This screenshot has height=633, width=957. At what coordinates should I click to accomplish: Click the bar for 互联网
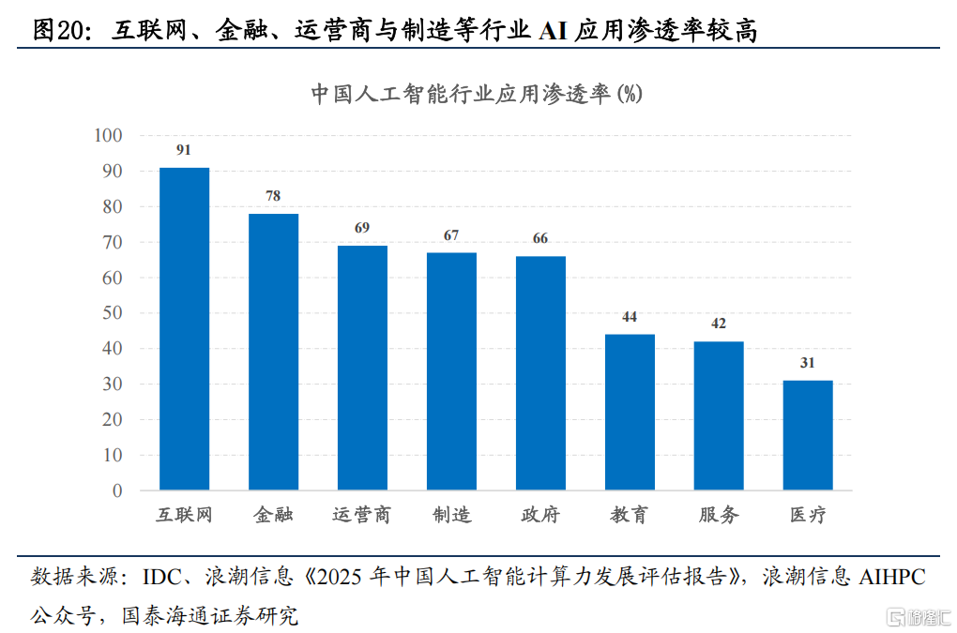tap(184, 328)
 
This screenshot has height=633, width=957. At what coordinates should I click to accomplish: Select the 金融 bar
tap(273, 352)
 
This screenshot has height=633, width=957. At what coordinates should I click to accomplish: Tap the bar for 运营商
tap(362, 368)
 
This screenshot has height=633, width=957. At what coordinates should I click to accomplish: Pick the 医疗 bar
tap(808, 435)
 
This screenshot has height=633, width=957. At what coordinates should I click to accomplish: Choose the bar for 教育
tap(630, 412)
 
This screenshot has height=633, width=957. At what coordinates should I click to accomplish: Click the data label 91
tap(184, 150)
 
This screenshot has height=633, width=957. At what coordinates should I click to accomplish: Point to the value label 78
tap(273, 196)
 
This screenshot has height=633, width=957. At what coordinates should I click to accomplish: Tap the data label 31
tap(808, 363)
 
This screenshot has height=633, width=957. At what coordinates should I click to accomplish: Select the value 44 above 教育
tap(630, 317)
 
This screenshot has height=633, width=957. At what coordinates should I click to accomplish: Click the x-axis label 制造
tap(451, 515)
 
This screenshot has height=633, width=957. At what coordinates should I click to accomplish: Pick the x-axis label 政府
tap(540, 515)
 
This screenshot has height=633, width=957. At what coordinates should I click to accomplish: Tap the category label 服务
tap(719, 515)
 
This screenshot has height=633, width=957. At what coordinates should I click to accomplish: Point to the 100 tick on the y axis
tap(109, 136)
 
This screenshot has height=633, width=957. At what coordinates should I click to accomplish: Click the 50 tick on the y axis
tap(113, 313)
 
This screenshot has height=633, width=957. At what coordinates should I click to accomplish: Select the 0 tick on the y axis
tap(117, 490)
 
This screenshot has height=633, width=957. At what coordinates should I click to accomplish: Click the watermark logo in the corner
tap(918, 616)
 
